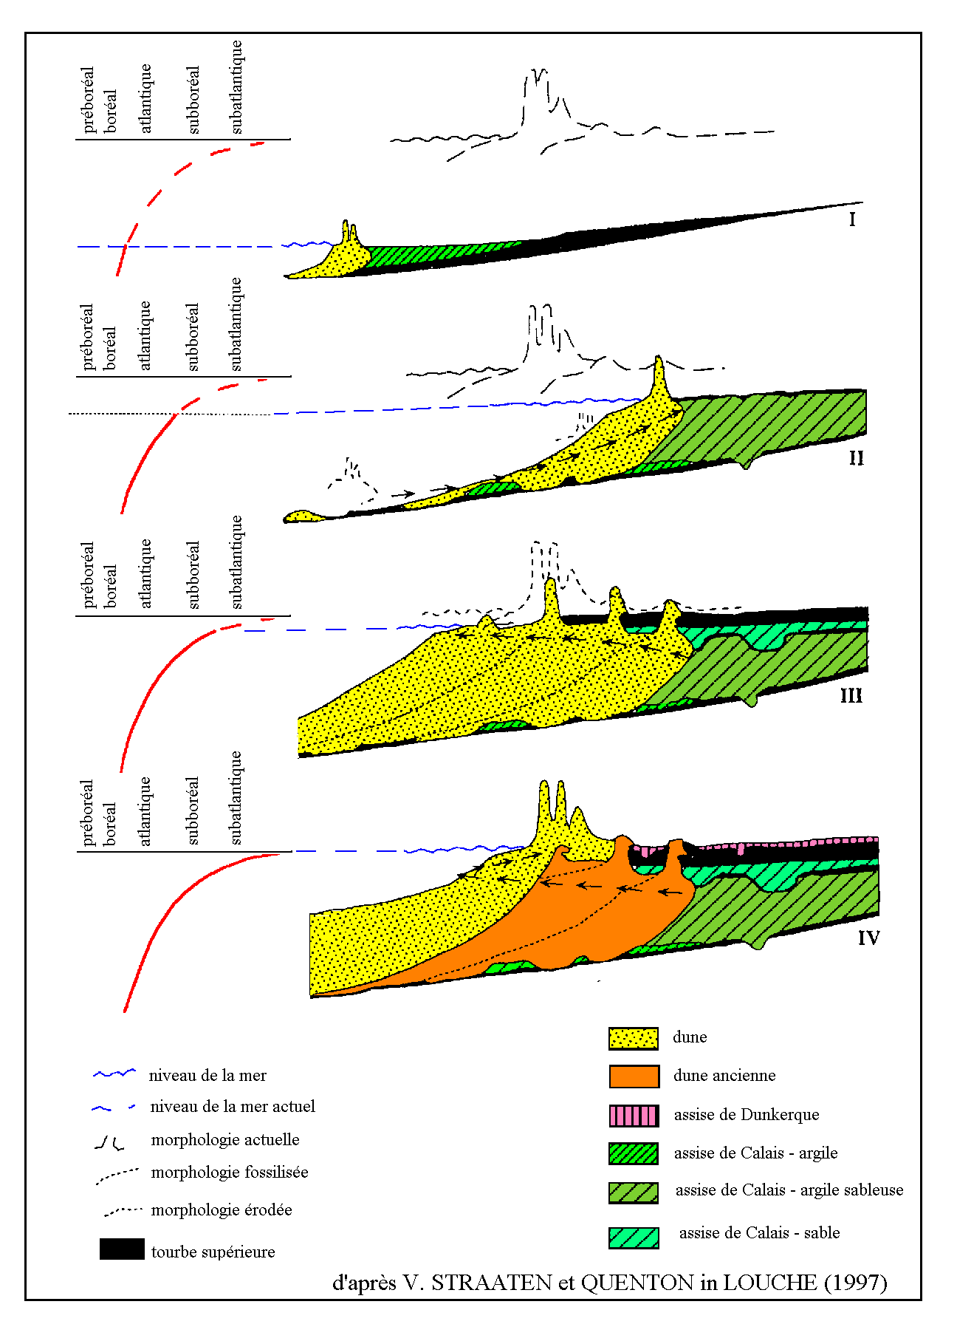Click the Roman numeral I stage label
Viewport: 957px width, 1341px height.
(x=852, y=219)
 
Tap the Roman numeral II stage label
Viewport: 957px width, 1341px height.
(x=856, y=458)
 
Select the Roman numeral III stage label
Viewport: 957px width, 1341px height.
(x=851, y=696)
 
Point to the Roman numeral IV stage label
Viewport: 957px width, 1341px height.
(x=868, y=938)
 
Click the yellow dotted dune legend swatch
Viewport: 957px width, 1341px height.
(x=634, y=1038)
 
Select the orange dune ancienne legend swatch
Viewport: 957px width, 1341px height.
(x=634, y=1076)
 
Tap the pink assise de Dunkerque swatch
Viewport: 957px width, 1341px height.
(x=634, y=1115)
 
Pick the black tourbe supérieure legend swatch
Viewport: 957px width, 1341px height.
(x=122, y=1249)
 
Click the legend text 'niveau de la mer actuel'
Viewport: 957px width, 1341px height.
(x=233, y=1106)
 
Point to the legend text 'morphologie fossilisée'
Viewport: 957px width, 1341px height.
(x=230, y=1173)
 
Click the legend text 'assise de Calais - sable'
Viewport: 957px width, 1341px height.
(x=760, y=1232)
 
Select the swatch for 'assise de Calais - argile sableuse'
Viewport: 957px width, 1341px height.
(x=634, y=1192)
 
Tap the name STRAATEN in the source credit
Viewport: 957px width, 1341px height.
(x=491, y=1283)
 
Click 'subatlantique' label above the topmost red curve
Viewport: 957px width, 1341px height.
(x=236, y=87)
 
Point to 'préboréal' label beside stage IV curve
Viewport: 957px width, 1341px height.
(x=88, y=813)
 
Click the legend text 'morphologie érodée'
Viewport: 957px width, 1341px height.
(x=222, y=1210)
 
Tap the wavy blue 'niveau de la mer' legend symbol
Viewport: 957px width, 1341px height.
(x=114, y=1074)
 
